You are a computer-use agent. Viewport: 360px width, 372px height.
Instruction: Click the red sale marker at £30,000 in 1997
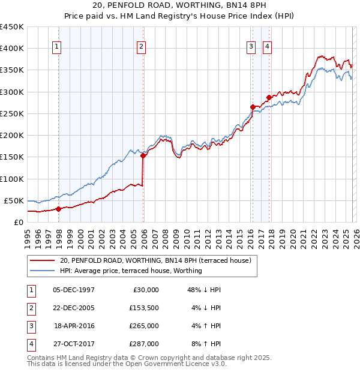pyautogui.click(x=59, y=209)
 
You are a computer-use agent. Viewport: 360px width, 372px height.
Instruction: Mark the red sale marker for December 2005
pyautogui.click(x=143, y=155)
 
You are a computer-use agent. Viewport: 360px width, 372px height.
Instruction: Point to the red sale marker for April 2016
pyautogui.click(x=253, y=107)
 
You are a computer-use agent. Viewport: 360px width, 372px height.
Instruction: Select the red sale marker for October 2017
pyautogui.click(x=269, y=98)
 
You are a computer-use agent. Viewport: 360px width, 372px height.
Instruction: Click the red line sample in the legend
pyautogui.click(x=42, y=261)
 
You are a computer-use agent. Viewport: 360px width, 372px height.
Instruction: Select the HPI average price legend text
pyautogui.click(x=131, y=271)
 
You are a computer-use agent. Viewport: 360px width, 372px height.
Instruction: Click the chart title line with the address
pyautogui.click(x=179, y=7)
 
